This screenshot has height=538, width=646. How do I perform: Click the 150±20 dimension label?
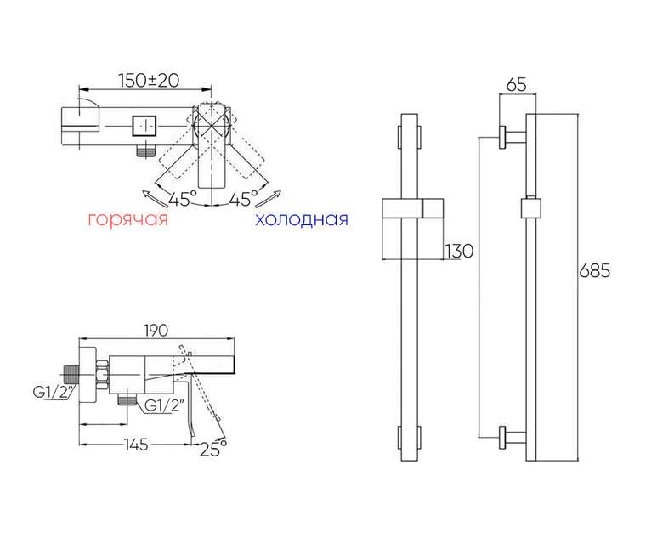click(x=149, y=81)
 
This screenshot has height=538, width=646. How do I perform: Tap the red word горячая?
click(x=128, y=219)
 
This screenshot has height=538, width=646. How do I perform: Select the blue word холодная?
click(x=302, y=219)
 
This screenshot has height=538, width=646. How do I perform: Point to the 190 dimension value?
click(x=156, y=330)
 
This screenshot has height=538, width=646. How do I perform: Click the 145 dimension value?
click(x=135, y=444)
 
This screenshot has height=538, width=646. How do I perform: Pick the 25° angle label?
click(x=213, y=449)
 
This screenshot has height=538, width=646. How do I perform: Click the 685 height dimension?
click(x=594, y=270)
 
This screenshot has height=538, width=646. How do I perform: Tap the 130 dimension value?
click(x=459, y=251)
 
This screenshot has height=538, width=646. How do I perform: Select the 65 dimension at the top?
click(x=517, y=84)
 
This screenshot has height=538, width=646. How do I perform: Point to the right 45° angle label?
click(x=243, y=199)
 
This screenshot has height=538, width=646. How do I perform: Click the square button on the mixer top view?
click(x=144, y=126)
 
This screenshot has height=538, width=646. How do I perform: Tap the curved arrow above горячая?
click(x=155, y=199)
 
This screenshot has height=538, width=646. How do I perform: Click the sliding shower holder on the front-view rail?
click(x=412, y=208)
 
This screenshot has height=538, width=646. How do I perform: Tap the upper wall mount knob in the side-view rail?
click(x=512, y=137)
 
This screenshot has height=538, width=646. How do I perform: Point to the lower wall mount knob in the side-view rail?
click(x=512, y=437)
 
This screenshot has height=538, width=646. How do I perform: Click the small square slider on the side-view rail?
click(x=530, y=208)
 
